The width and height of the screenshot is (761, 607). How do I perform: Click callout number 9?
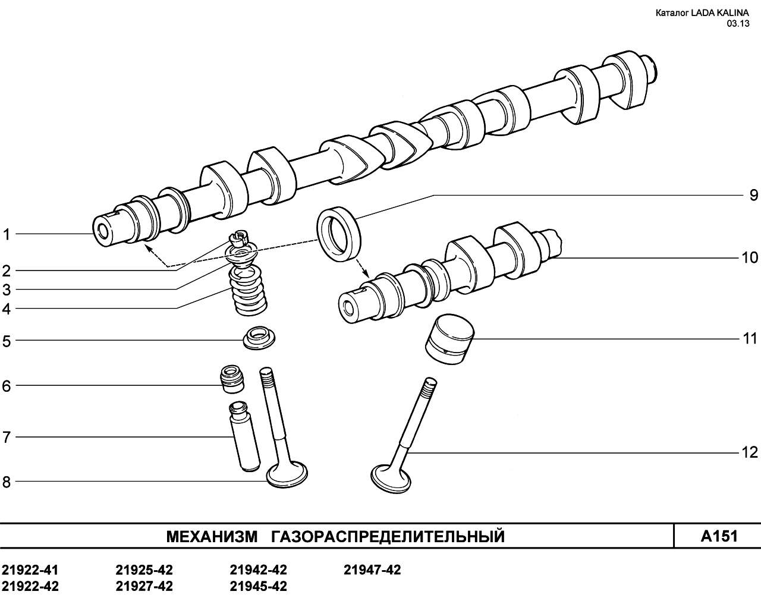[x=754, y=195]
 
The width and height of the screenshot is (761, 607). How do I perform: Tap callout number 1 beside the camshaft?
[x=7, y=234]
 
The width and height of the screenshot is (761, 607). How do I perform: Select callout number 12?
[x=750, y=452]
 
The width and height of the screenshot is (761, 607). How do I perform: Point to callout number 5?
[x=7, y=342]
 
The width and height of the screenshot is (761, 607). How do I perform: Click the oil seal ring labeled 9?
[x=339, y=234]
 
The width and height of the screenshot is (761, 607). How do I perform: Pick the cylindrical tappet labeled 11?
[x=450, y=339]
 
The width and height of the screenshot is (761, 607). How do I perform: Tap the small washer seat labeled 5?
[x=259, y=338]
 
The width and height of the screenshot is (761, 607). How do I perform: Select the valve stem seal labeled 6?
[x=232, y=379]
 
